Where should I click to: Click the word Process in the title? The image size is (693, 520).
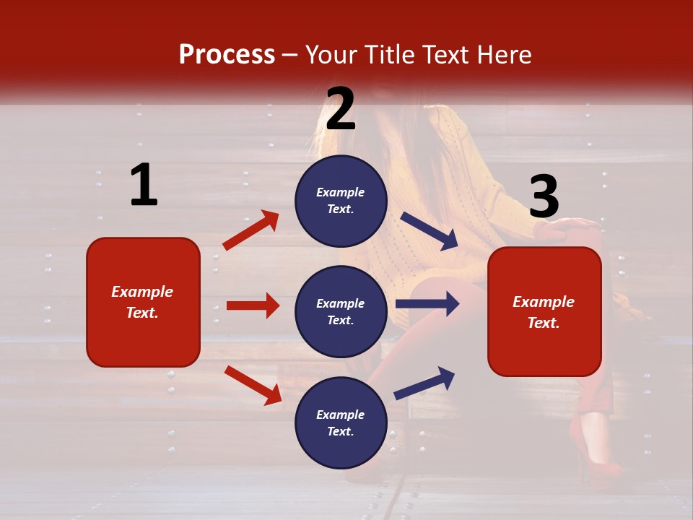[x=227, y=55]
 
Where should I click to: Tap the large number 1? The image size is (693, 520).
[x=144, y=186]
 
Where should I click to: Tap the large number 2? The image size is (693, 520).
[x=341, y=109]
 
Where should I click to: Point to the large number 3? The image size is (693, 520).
[x=544, y=196]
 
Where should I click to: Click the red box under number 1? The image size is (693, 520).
[x=143, y=302]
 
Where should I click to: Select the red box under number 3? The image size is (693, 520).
[x=544, y=312]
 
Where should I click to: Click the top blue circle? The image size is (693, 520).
[x=341, y=201]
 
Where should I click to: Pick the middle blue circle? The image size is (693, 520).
[x=341, y=311]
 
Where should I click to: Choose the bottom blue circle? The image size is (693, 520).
[x=341, y=423]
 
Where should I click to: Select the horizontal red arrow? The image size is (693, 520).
[x=253, y=305]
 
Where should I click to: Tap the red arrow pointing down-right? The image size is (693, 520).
[x=253, y=384]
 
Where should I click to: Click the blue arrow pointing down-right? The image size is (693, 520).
[x=430, y=231]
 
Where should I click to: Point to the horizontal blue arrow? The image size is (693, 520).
[x=427, y=304]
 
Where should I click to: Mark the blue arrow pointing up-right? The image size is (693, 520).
[x=425, y=383]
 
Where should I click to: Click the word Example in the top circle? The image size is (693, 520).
[x=341, y=193]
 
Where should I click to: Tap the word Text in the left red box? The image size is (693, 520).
[x=141, y=313]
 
